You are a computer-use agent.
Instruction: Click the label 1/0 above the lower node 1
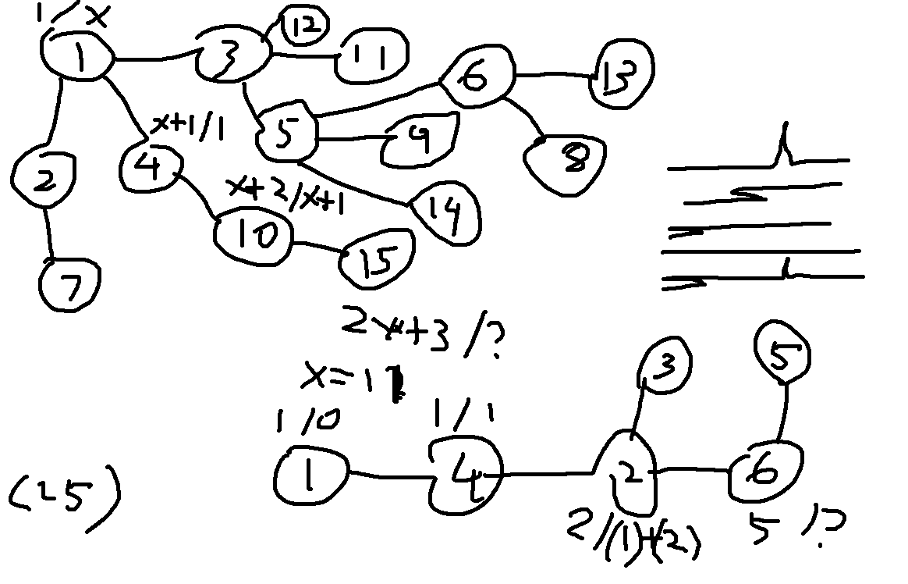point(306,422)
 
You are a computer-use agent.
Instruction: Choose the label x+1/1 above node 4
point(187,126)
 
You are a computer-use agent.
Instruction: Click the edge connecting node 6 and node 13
point(554,76)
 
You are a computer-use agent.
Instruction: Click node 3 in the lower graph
point(664,365)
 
